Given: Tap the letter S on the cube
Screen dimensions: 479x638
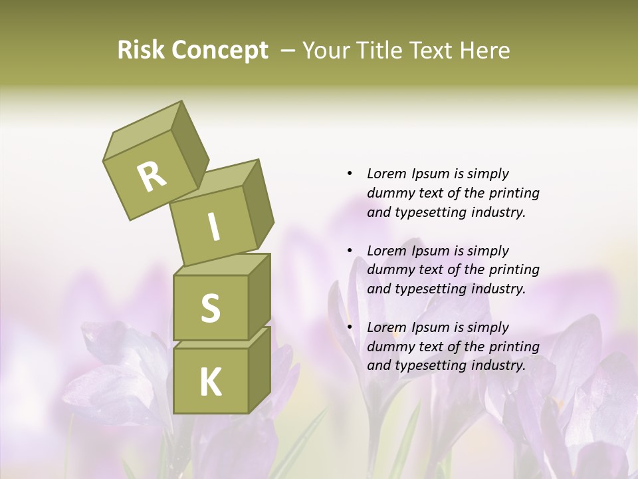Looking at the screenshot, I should [x=210, y=309].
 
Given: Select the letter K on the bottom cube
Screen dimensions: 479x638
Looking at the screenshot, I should [x=210, y=382].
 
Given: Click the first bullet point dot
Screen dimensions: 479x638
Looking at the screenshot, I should [x=350, y=174].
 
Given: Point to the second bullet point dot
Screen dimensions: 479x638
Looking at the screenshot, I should [x=350, y=251].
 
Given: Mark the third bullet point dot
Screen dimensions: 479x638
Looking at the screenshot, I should [x=350, y=327].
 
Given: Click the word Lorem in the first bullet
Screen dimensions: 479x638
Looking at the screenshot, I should [x=386, y=174].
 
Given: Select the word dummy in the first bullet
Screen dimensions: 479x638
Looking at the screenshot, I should [x=389, y=193].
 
